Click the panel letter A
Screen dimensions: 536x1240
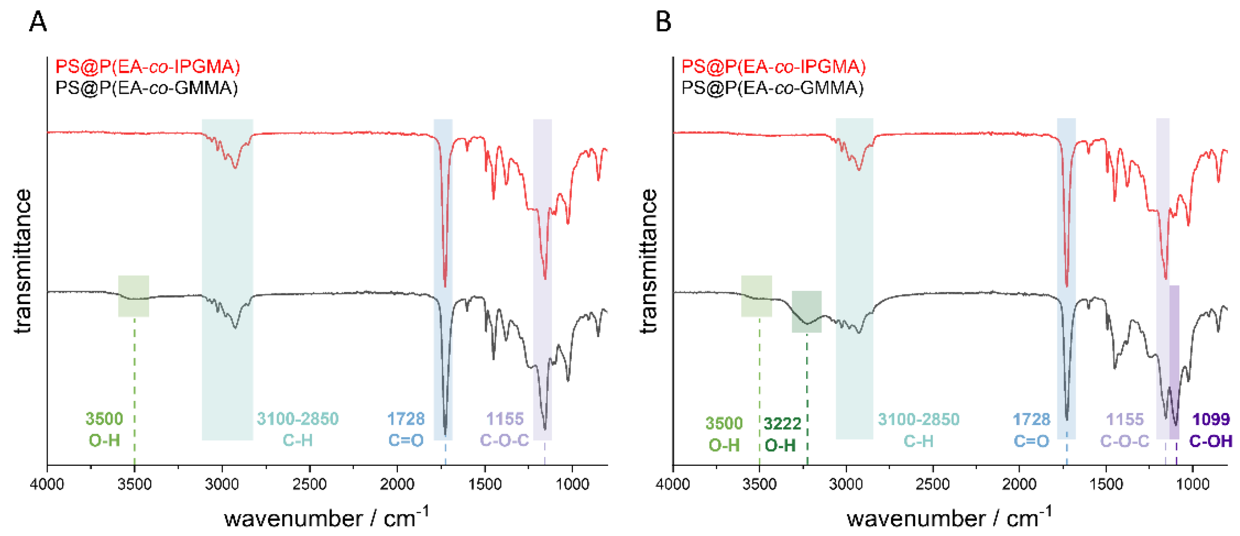pyautogui.click(x=38, y=22)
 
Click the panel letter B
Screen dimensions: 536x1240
pyautogui.click(x=663, y=22)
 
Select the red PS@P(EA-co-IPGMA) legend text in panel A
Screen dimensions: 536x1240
pyautogui.click(x=148, y=67)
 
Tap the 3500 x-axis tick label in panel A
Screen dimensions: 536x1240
pyautogui.click(x=134, y=484)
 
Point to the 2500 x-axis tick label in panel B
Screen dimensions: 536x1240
pyautogui.click(x=933, y=484)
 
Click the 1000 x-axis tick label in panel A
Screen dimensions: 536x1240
pyautogui.click(x=572, y=484)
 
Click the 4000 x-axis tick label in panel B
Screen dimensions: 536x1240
pyautogui.click(x=673, y=484)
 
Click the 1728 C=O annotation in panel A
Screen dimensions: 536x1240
pyautogui.click(x=406, y=429)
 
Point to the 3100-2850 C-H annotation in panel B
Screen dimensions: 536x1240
pyautogui.click(x=918, y=430)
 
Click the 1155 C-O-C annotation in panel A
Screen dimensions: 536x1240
pyautogui.click(x=504, y=429)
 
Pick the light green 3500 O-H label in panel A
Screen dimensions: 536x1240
pyautogui.click(x=105, y=429)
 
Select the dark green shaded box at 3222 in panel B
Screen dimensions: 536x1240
pyautogui.click(x=806, y=311)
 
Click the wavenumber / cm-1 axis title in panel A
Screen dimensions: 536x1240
pyautogui.click(x=326, y=518)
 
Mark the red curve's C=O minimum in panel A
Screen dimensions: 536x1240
pyautogui.click(x=445, y=286)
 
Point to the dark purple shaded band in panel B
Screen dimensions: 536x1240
pyautogui.click(x=1174, y=361)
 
